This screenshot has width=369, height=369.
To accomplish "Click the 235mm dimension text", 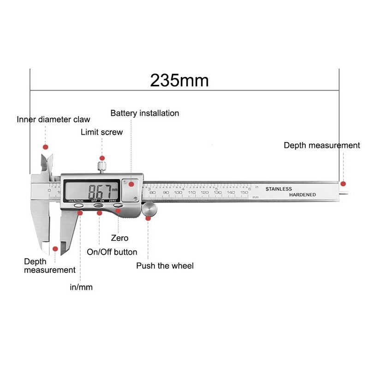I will (179, 81).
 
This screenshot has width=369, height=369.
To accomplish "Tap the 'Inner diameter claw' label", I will (54, 119).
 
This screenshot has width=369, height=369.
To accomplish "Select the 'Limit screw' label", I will (101, 132).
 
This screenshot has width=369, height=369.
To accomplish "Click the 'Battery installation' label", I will (144, 113).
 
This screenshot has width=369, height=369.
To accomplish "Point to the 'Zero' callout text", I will (119, 238).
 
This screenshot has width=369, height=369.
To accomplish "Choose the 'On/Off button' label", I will (112, 252).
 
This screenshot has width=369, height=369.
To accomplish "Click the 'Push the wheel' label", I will (165, 266).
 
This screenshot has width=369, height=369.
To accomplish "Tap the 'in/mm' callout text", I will (81, 287).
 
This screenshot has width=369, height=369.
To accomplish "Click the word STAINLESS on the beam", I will (279, 189).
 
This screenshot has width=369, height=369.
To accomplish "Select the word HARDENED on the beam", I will (303, 195).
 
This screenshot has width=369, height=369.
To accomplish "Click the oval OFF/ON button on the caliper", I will (98, 206).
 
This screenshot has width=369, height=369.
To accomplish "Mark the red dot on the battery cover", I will (131, 184).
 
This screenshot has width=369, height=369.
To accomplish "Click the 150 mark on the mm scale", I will (244, 192).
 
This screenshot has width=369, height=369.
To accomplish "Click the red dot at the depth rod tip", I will (343, 184).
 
